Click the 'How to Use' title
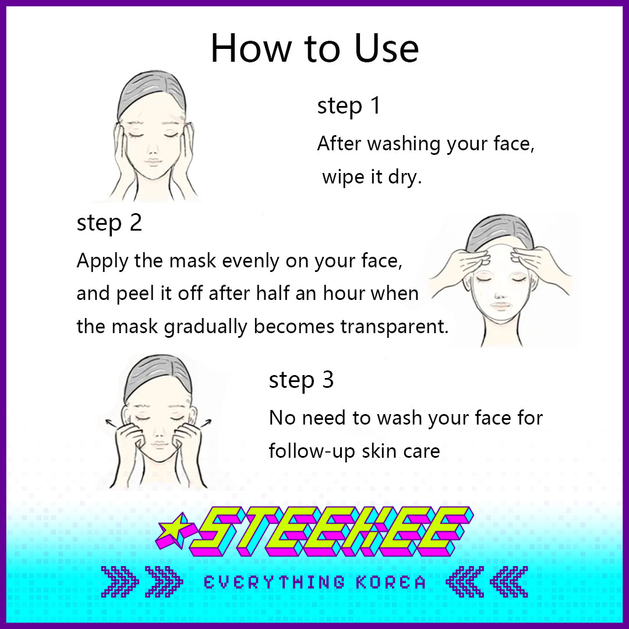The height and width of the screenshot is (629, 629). [x=314, y=48]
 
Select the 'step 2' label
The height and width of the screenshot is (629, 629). [x=109, y=223]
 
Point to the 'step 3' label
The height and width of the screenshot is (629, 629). [x=301, y=380]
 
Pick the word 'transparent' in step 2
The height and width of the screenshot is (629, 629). [x=394, y=327]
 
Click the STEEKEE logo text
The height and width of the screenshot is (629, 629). [x=331, y=532]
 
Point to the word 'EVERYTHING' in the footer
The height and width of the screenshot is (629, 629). [x=274, y=582]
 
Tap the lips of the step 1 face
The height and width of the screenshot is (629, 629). [x=153, y=162]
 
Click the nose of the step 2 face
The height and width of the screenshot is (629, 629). [x=499, y=296]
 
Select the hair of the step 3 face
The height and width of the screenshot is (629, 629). [x=157, y=375]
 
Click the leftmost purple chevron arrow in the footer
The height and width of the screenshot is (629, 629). [x=119, y=582]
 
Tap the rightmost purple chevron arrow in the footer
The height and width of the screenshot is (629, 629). [x=509, y=582]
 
